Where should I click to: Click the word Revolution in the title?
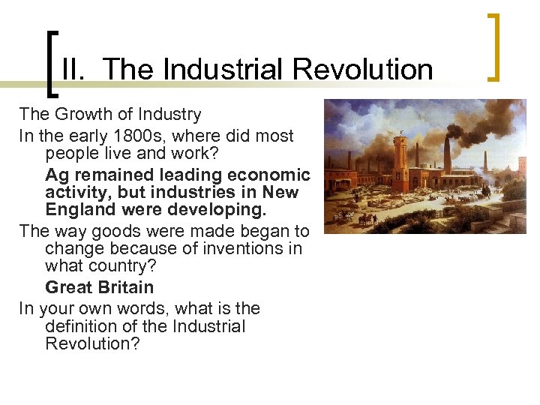pos(363,69)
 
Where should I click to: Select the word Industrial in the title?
pos(224,69)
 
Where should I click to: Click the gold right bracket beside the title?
pos(493,46)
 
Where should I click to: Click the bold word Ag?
pos(57,175)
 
